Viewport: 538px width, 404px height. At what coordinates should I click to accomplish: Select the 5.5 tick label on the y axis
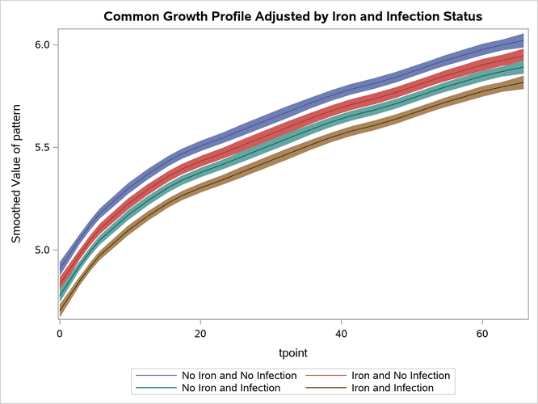40,148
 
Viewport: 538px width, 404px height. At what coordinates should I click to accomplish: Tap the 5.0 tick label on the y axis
40,250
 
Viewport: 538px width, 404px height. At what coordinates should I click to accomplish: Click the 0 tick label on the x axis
60,333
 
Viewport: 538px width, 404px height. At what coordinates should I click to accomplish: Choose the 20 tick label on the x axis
200,333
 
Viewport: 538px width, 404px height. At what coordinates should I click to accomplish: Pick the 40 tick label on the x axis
341,333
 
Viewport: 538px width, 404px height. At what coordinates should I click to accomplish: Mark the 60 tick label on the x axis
481,333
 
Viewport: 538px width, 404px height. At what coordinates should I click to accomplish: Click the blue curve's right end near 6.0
523,40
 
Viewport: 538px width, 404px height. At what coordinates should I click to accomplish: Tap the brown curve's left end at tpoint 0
61,312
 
